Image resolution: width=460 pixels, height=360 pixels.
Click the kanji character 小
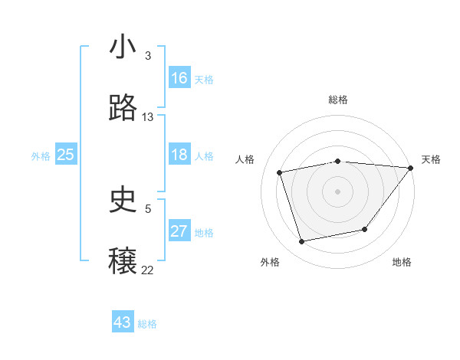[x=123, y=47]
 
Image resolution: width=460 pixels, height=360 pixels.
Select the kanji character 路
[x=123, y=108]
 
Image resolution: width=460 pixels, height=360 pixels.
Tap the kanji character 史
[x=123, y=200]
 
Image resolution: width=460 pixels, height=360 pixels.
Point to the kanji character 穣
[x=123, y=261]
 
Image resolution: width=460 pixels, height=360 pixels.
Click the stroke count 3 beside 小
[x=147, y=56]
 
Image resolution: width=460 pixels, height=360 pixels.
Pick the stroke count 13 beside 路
[x=148, y=117]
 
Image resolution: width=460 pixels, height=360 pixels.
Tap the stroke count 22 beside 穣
[x=148, y=270]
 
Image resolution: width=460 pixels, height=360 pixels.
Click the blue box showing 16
[x=179, y=78]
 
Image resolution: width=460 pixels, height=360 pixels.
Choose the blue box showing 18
[x=179, y=155]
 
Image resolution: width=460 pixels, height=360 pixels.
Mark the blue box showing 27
[x=179, y=231]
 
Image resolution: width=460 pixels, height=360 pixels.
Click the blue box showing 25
[x=65, y=155]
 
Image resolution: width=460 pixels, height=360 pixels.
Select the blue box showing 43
[x=123, y=322]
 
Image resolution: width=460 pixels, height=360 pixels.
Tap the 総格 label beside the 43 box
[x=147, y=324]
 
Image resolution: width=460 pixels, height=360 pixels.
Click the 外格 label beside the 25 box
[x=41, y=156]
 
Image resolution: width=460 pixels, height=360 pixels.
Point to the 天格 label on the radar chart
[x=431, y=159]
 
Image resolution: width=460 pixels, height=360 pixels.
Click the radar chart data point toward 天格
[x=411, y=168]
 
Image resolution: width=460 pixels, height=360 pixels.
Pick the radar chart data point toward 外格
[x=302, y=242]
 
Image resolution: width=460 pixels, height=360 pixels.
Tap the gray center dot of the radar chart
[x=337, y=191]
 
